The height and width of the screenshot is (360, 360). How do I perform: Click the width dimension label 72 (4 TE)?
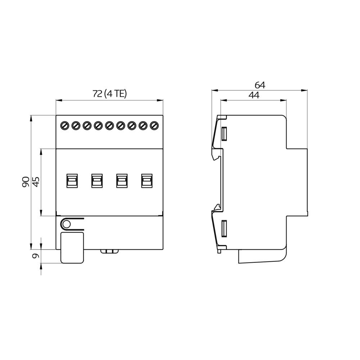[x=110, y=94]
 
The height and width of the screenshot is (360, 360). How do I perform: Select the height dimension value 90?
[x=26, y=182]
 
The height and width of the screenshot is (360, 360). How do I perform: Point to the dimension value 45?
[x=36, y=182]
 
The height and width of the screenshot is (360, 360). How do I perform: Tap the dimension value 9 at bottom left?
[x=35, y=256]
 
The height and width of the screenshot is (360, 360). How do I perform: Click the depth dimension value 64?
[x=260, y=85]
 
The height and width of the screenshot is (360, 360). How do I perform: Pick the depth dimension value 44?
[x=253, y=95]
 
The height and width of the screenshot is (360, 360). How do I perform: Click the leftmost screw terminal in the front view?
[x=65, y=126]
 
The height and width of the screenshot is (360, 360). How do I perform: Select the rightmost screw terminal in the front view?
[x=154, y=126]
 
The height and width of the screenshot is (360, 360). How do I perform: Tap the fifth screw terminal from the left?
[x=109, y=126]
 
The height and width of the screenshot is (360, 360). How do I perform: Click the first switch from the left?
[x=72, y=180]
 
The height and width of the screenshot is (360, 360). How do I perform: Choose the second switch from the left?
[x=96, y=180]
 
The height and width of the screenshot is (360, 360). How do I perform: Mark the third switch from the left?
[x=122, y=180]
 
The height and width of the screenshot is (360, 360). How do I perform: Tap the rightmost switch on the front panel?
[x=147, y=180]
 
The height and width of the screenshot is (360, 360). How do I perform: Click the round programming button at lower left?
[x=66, y=224]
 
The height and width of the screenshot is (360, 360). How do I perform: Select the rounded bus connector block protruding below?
[x=72, y=248]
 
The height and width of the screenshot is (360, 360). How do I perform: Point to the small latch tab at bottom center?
[x=109, y=251]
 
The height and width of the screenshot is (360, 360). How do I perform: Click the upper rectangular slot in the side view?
[x=224, y=134]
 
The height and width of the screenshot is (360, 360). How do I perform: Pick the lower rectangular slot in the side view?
[x=224, y=229]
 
